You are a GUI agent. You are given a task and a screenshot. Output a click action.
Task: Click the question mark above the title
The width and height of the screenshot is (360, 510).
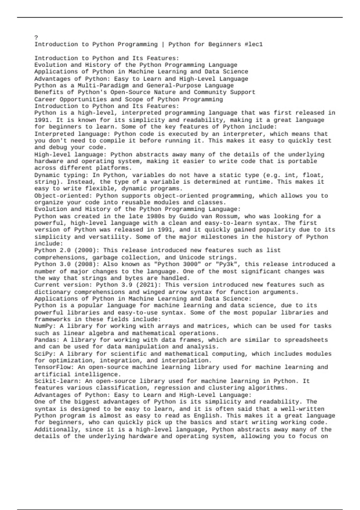point(36,37)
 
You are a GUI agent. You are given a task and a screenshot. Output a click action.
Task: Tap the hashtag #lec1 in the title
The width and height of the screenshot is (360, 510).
point(253,44)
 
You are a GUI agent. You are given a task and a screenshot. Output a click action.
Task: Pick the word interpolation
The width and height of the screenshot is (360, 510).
point(184,360)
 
